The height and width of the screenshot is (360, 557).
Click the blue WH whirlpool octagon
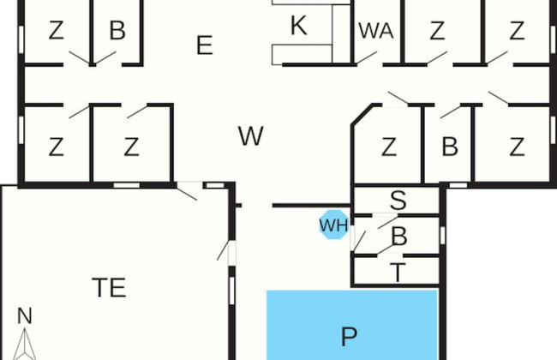coord(334,225)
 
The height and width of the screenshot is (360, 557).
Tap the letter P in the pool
coord(349,336)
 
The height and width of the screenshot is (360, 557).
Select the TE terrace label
coord(109,287)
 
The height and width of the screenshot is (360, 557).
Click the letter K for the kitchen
coord(298,26)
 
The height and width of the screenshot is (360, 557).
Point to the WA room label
coord(376,31)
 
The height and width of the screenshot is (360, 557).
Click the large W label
coord(251,135)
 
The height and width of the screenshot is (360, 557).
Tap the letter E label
coord(205,45)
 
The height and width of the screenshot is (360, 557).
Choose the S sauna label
coord(398,200)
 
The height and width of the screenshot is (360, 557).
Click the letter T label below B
coord(398,273)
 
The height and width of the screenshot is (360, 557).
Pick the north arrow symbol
coord(25,344)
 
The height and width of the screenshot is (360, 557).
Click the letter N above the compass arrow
coord(25,315)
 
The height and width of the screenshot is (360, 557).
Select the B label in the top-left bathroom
coord(117,30)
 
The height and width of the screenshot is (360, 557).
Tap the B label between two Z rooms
coord(450,147)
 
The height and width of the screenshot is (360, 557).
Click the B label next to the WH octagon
coord(399,236)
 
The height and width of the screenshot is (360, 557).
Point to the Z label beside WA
coord(437,31)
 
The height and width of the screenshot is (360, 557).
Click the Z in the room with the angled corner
coord(389,147)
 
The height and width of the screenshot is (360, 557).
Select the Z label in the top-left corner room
coord(56,30)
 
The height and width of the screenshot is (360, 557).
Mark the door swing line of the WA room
coord(366,58)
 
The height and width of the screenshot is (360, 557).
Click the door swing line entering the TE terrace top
coord(187,194)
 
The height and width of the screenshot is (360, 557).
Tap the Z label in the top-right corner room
coord(517,31)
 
